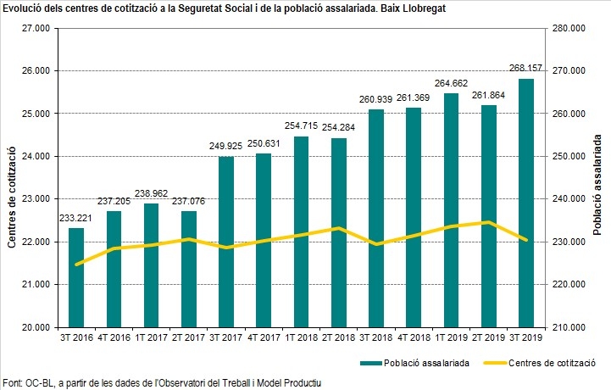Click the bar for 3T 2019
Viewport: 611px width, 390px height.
(526, 203)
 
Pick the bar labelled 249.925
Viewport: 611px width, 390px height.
(226, 242)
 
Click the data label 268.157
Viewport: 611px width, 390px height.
(526, 68)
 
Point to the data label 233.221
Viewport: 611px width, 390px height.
(76, 217)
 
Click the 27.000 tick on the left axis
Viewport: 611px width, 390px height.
(36, 28)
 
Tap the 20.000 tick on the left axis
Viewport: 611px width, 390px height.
(36, 327)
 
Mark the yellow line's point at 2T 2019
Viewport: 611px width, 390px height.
(489, 223)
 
